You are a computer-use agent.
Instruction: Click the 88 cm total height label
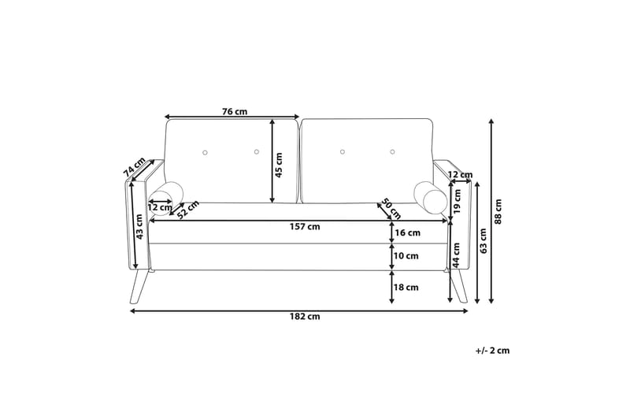pos(498,211)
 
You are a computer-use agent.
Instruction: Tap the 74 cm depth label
pos(135,168)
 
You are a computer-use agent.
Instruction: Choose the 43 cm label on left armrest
pos(140,227)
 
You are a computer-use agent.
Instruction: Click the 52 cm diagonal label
pos(187,210)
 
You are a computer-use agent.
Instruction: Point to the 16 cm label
pos(407,233)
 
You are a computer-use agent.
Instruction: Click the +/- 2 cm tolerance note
pos(492,351)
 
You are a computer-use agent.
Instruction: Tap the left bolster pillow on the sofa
pos(167,198)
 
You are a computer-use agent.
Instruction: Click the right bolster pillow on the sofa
pos(432,198)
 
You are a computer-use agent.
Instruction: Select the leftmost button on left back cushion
pos(205,151)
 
